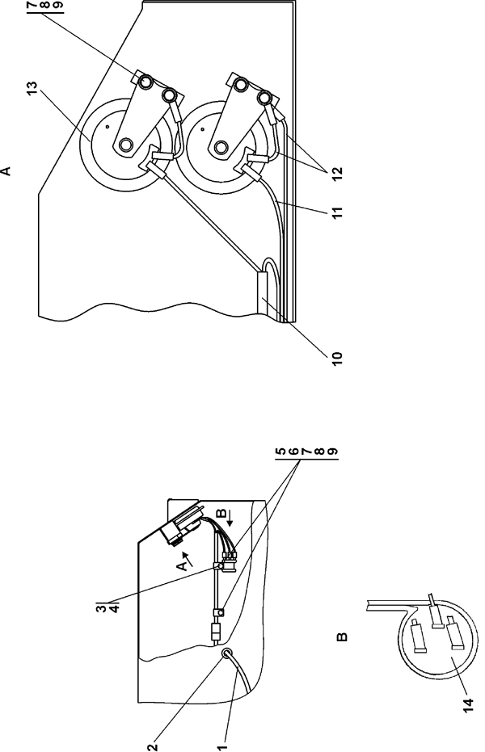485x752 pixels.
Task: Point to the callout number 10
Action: (333, 355)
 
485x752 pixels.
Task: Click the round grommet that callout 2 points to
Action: (226, 653)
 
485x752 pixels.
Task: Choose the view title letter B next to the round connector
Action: (342, 638)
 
